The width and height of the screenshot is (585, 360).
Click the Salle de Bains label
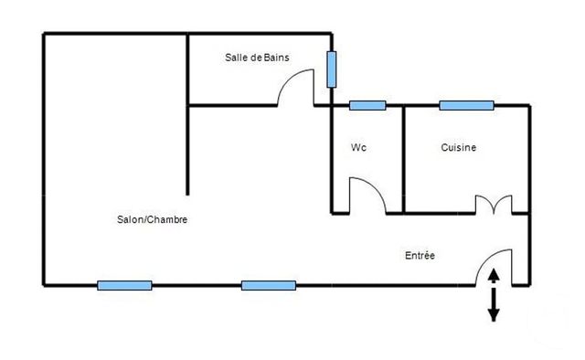pos(257,57)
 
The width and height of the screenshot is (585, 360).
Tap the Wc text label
pos(358,147)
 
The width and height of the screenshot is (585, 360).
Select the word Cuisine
pos(458,147)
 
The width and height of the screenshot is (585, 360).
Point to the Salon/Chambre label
pos(153,219)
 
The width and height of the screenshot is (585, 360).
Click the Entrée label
pos(420,256)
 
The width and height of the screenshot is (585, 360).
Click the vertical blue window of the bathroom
pos(332,69)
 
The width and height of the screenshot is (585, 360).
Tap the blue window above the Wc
pos(367,105)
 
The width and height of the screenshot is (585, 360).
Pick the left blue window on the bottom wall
pos(124,285)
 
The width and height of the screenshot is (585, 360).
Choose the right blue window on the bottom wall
pos(269,285)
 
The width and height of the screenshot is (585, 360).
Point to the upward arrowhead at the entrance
pos(494,275)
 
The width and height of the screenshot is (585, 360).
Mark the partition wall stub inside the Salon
pos(188,151)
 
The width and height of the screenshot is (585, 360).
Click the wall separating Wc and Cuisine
pos(404,160)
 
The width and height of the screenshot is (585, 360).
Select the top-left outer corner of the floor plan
pos(44,35)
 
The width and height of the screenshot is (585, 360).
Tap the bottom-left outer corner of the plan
pos(44,285)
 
